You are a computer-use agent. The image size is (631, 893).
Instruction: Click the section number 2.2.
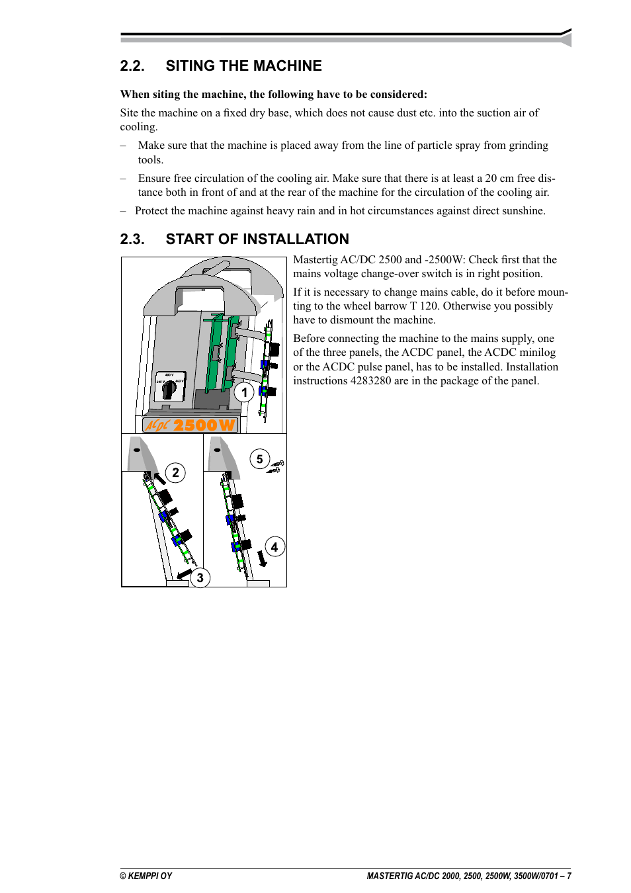132,66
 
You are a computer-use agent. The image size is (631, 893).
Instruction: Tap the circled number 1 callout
244,392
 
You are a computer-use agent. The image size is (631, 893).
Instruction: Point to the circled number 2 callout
175,472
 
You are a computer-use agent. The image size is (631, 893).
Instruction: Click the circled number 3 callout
200,577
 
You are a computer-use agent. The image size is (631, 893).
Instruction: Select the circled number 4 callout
274,547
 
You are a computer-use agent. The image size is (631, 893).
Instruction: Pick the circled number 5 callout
259,459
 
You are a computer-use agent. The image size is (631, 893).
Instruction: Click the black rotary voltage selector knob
169,389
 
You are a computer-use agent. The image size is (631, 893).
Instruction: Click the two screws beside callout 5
276,467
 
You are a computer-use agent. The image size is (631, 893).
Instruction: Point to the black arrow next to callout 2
159,478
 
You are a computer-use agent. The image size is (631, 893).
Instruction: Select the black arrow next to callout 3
185,574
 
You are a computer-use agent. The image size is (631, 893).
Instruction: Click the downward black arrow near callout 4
262,559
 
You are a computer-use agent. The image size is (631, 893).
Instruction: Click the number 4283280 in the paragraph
370,381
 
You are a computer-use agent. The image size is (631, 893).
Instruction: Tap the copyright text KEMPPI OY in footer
146,876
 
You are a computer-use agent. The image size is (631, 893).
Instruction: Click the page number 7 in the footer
568,876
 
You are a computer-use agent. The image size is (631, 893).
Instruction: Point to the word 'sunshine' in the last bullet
522,211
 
